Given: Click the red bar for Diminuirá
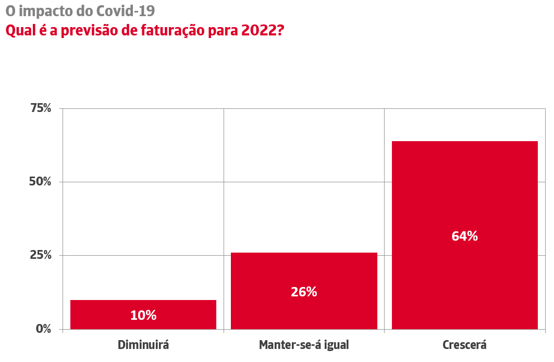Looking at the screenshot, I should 143,307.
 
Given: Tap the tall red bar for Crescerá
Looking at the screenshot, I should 464,198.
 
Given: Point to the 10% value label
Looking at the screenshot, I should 143,315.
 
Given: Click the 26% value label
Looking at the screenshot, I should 304,292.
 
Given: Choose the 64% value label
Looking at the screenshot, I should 464,236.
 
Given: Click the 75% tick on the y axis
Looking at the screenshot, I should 41,108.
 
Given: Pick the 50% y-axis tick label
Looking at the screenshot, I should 41,182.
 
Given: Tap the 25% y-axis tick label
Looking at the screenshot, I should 41,255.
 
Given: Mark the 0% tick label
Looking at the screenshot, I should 44,329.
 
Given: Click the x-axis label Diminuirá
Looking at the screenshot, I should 143,345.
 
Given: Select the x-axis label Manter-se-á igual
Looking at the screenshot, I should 304,345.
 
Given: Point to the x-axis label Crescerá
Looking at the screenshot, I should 464,345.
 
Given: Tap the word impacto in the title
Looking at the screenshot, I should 47,11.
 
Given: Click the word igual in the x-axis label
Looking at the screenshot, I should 335,345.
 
